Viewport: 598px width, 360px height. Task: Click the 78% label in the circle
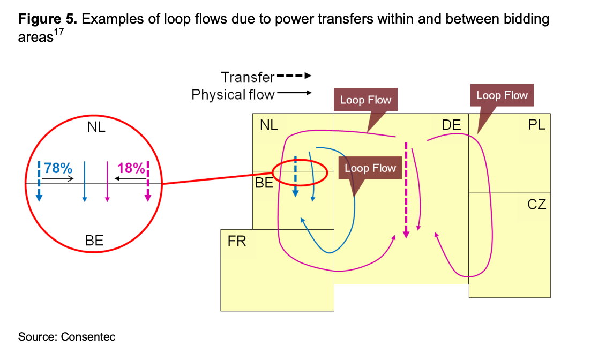[x=58, y=168]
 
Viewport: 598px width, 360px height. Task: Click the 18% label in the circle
[x=131, y=168]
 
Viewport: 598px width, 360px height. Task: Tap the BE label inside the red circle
[x=94, y=241]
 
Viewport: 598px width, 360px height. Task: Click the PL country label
[x=536, y=125]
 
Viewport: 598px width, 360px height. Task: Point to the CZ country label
[x=536, y=204]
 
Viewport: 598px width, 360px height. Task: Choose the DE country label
[x=451, y=125]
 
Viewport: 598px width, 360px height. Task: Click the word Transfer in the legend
[x=248, y=77]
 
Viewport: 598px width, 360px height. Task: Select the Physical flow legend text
[x=233, y=95]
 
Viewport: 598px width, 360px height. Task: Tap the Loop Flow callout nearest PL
[x=502, y=95]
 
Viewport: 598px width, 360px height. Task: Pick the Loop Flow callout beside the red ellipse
[x=370, y=168]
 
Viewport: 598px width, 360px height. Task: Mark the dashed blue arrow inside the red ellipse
[x=295, y=177]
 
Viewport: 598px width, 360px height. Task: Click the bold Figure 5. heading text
[x=48, y=20]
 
